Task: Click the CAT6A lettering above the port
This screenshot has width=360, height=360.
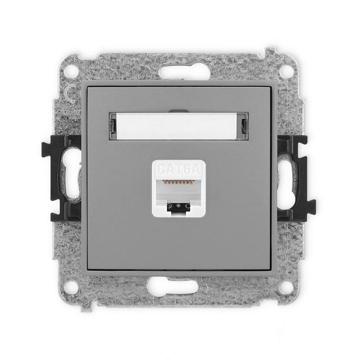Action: pos(178,169)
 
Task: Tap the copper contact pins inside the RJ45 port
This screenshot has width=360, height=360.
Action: pos(179,183)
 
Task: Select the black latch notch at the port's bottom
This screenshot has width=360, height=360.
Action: pos(179,206)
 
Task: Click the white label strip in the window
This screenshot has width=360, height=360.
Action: pos(178,126)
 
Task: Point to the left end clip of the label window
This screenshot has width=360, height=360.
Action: pos(113,126)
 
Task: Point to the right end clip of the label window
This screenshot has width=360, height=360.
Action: pos(244,126)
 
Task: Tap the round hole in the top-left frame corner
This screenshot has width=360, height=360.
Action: pos(71,71)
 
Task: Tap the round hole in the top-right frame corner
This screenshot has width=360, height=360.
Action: pos(286,71)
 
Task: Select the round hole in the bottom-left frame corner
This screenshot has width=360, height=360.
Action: pos(71,287)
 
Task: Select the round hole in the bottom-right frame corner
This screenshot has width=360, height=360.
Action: pos(286,287)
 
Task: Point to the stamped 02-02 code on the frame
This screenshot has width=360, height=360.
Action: pos(71,112)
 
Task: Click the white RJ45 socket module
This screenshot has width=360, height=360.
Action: pos(179,188)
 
